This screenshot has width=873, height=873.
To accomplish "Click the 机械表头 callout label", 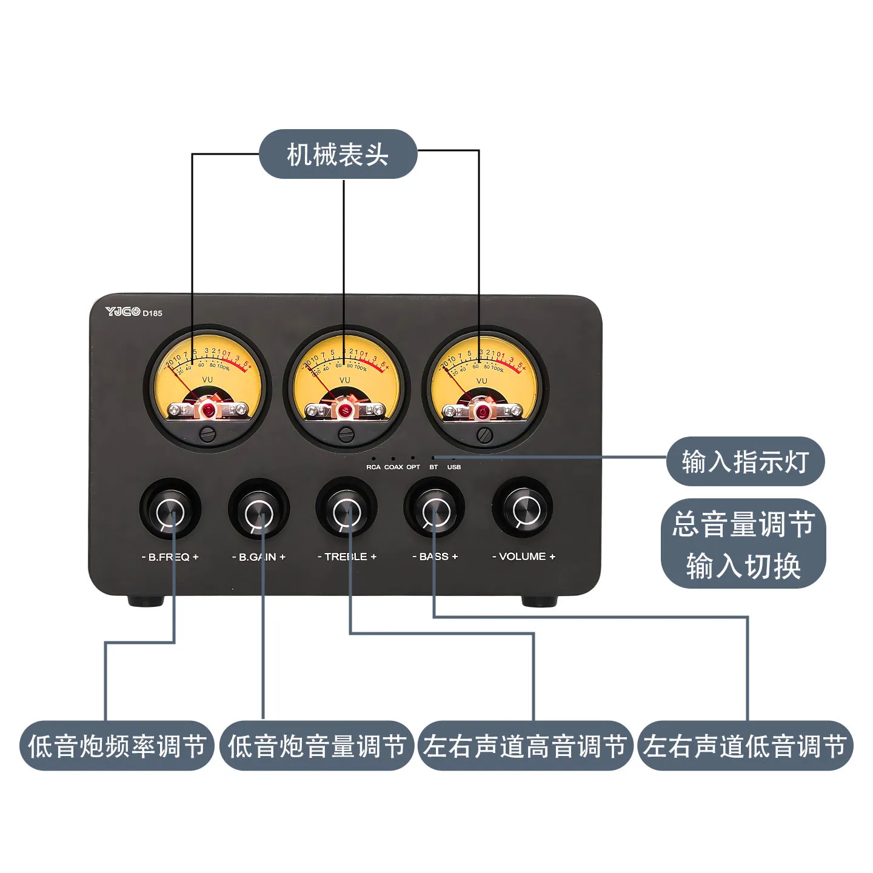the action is pos(338,154).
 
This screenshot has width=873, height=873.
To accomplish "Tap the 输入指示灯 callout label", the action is pos(745,461).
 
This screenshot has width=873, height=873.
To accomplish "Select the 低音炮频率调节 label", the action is pos(117,746).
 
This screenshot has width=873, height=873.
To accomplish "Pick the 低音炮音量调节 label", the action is pos(316,746).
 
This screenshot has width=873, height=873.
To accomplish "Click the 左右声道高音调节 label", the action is pos(525,746).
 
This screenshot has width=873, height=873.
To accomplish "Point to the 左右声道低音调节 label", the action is pos(745,746).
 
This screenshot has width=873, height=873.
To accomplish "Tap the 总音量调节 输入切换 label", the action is pos(743,544).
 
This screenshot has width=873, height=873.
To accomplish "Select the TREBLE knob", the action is pos(347,512).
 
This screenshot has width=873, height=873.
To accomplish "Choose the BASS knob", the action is pos(435,512).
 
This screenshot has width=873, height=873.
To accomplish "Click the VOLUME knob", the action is pos(523,511).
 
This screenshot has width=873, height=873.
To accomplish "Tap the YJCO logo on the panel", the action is pos(123,312).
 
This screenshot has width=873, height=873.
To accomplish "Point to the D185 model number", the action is pos(153,313).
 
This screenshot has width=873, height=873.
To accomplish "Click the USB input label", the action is pos(454,467).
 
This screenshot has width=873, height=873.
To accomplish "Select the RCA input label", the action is pos(373,467).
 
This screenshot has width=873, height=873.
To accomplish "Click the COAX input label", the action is pos(393,467).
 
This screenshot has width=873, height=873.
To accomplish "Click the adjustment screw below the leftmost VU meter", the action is pos(208,433).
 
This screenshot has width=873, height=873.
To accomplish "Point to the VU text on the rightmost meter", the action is pos(481,381).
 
